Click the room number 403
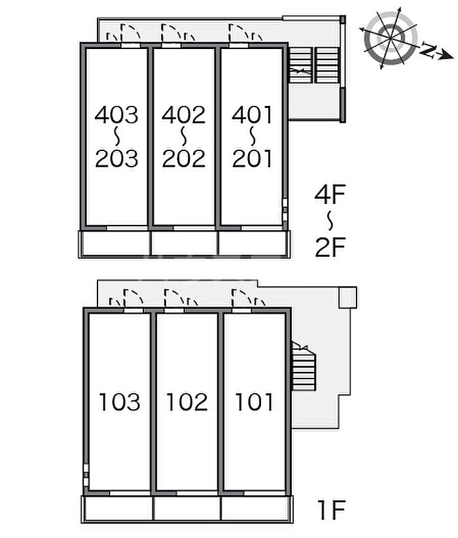coord(116,114)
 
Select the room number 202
coord(184,158)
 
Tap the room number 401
coord(252,114)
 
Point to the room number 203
coord(116,158)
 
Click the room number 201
coord(252,158)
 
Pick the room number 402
coord(184,114)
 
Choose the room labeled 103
coord(120,402)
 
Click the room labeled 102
coord(187,402)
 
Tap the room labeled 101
coord(254,402)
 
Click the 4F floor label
coord(330,195)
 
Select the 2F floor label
coord(330,247)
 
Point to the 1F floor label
coord(331,510)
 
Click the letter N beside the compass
coord(427,50)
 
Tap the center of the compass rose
coord(391,37)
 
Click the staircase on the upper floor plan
coord(314,65)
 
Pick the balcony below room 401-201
coord(253,244)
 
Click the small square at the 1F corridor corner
coord(348,297)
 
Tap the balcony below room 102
coord(187,509)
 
